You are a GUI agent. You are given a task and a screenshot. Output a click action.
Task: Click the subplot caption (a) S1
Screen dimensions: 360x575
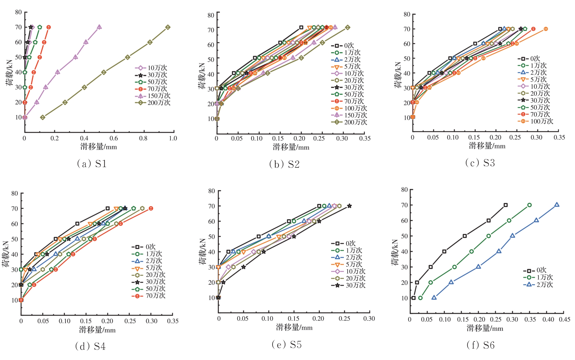pos(92,164)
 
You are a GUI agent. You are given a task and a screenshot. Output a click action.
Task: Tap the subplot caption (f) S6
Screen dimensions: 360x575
pos(481,345)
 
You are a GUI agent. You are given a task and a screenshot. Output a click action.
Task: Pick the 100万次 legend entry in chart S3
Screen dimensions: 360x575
pos(535,121)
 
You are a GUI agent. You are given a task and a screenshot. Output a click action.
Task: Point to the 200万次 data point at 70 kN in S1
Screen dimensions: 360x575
pos(168,27)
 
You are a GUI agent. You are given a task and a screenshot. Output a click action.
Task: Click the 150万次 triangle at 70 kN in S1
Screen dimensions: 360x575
pos(99,27)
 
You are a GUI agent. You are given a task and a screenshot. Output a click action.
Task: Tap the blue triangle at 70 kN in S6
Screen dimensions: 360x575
pos(557,205)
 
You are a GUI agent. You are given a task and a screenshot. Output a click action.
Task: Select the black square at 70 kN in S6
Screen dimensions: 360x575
pos(506,205)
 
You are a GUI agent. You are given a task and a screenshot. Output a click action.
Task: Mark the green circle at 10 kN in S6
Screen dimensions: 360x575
pos(420,298)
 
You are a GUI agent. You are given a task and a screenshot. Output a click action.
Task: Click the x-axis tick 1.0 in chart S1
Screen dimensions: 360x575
pos(173,138)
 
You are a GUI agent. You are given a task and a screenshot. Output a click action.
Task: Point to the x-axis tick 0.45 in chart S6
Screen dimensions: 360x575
pos(564,320)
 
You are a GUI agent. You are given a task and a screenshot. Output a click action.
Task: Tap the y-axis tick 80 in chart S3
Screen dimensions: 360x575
pos(407,14)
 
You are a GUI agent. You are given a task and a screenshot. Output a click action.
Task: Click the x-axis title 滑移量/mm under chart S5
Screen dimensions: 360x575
pos(294,328)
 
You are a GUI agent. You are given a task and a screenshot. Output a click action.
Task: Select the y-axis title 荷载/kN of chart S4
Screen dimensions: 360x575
pos(6,254)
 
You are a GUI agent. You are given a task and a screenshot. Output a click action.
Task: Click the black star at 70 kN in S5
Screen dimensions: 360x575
pos(349,206)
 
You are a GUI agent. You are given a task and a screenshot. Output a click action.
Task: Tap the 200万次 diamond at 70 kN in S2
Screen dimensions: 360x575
pos(347,28)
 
